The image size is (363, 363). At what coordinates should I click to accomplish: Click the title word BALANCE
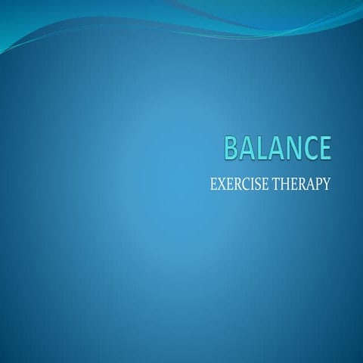[x=278, y=147]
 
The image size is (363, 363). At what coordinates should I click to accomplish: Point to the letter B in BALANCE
[x=231, y=147]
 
